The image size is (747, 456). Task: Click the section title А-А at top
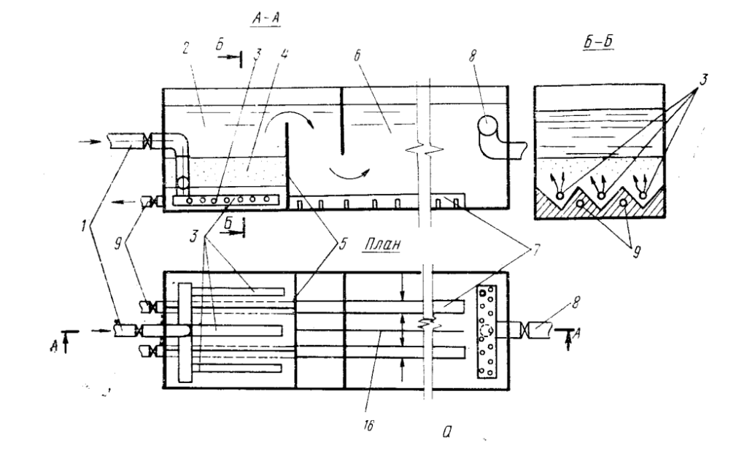(266, 18)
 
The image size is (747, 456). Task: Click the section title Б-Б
(598, 42)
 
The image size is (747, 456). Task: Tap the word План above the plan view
(382, 244)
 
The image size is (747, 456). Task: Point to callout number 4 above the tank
(284, 53)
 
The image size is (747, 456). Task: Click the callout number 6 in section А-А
(357, 55)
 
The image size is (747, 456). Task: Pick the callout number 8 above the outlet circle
(472, 56)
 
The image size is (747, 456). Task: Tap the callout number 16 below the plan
(368, 425)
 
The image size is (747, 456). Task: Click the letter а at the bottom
(447, 432)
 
